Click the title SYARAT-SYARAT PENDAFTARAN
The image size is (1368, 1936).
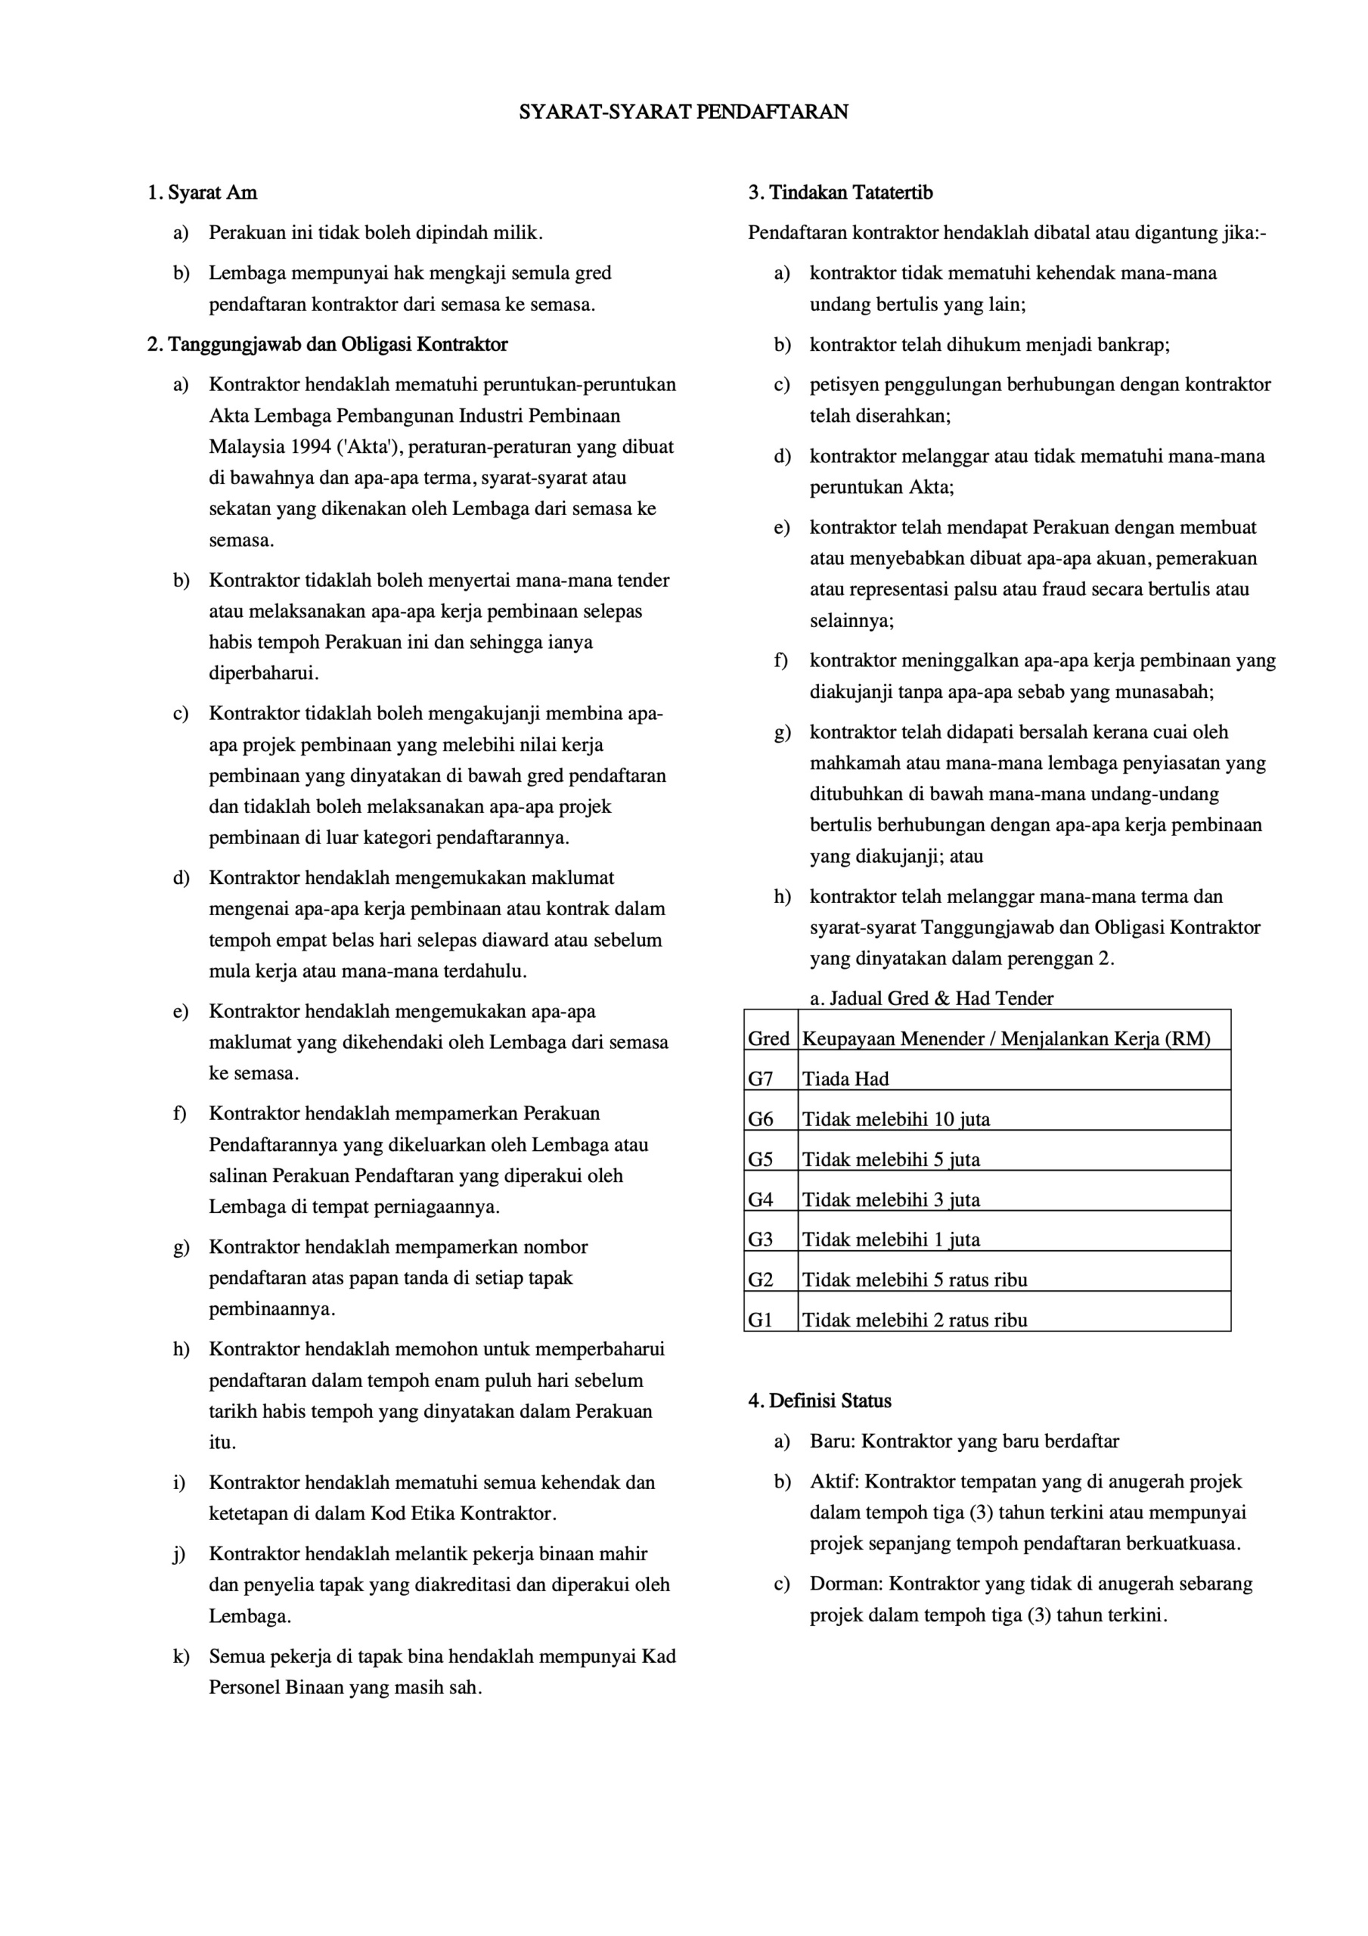(683, 112)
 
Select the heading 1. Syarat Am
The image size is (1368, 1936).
(203, 193)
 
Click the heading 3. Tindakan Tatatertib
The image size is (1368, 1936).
(840, 193)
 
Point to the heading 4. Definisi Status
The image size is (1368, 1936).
(819, 1401)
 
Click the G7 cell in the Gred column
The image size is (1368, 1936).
(761, 1079)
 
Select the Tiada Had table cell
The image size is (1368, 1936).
(845, 1079)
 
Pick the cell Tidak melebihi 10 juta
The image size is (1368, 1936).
(895, 1120)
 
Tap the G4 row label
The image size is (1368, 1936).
(761, 1200)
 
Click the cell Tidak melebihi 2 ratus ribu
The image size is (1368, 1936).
(914, 1320)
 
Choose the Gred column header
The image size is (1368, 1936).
(768, 1039)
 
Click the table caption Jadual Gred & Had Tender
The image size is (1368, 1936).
(931, 999)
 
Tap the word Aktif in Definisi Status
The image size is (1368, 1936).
(833, 1481)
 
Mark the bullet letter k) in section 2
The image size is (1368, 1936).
(181, 1656)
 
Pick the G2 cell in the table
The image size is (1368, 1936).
(761, 1280)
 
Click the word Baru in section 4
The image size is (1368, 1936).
(832, 1441)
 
